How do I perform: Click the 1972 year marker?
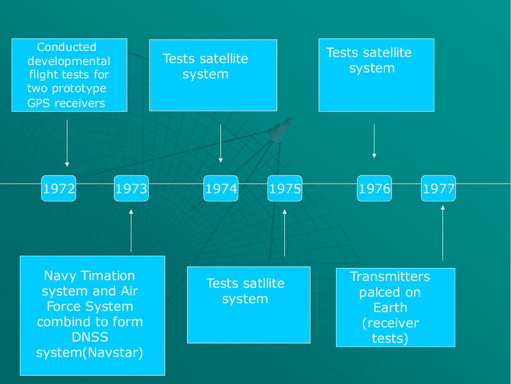click(x=59, y=188)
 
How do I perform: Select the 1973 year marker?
click(x=131, y=188)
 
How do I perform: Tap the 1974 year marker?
click(x=221, y=188)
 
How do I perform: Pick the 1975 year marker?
click(x=285, y=188)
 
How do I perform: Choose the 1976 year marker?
click(x=374, y=188)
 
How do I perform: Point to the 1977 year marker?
click(x=438, y=188)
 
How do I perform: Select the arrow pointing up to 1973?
click(x=131, y=231)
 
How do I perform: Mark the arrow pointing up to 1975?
click(x=285, y=233)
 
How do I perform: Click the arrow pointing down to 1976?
click(x=374, y=141)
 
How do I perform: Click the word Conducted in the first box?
click(x=67, y=47)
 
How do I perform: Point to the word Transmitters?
click(x=390, y=276)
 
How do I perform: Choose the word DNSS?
click(x=90, y=337)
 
